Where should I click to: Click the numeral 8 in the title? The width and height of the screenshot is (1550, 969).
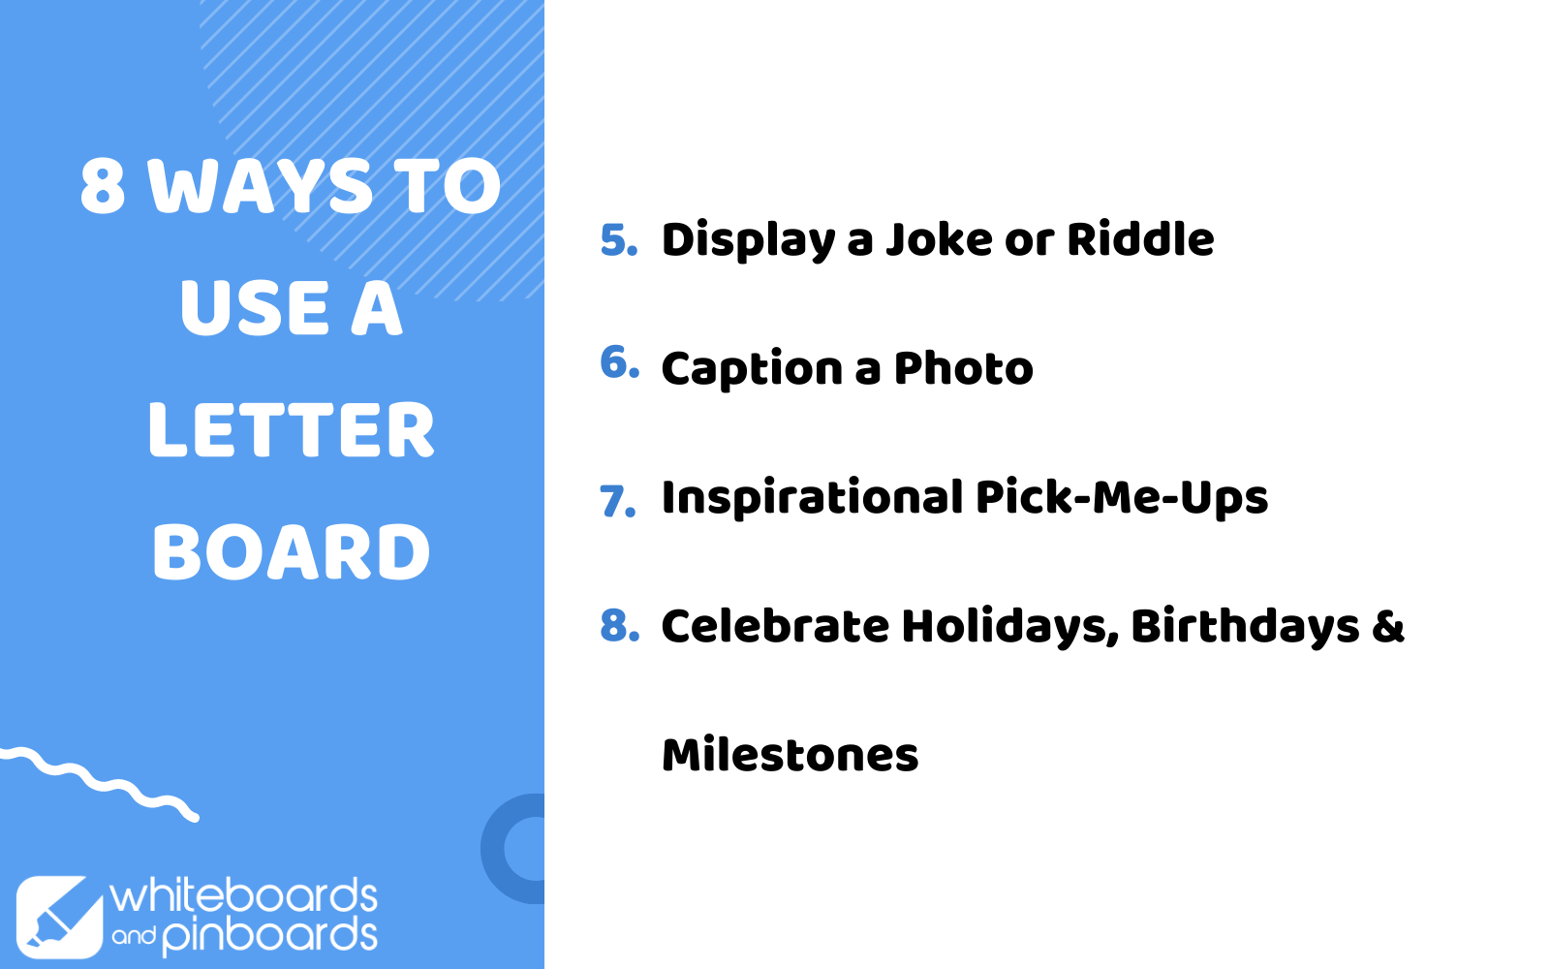click(x=103, y=185)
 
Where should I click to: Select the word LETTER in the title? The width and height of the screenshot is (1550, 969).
click(x=292, y=430)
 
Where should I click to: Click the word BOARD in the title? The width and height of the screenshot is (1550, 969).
click(x=292, y=551)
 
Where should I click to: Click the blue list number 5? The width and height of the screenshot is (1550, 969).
click(x=619, y=240)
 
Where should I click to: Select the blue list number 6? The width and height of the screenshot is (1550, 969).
click(x=619, y=362)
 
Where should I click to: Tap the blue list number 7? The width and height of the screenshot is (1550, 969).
click(x=617, y=501)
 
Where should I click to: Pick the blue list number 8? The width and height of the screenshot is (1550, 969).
click(x=619, y=625)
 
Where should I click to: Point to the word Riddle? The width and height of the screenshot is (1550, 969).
click(x=1140, y=238)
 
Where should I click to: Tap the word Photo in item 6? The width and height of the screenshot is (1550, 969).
click(x=963, y=367)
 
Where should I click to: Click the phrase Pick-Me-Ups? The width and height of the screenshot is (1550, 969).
click(x=1122, y=498)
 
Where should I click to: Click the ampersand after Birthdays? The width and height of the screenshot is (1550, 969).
click(x=1388, y=626)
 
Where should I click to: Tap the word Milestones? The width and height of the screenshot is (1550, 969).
click(x=790, y=755)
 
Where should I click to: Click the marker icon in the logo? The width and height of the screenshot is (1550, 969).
click(x=59, y=917)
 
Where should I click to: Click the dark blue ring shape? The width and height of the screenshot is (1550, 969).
click(x=493, y=849)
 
